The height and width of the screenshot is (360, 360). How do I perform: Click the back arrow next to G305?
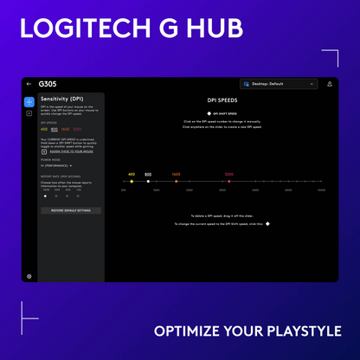click(29, 85)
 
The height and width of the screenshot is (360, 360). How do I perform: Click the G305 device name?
click(48, 85)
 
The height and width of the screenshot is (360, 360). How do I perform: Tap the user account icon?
click(329, 84)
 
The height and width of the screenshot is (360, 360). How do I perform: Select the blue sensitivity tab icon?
click(29, 101)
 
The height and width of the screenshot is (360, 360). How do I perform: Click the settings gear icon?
click(29, 276)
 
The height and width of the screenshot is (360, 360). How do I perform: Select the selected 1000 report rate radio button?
click(46, 196)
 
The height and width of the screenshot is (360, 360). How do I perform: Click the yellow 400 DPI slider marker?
click(132, 181)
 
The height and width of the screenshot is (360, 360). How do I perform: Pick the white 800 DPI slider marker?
click(148, 181)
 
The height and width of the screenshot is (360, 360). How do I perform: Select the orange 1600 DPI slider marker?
click(176, 181)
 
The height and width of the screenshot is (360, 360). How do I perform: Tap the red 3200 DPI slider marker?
click(229, 181)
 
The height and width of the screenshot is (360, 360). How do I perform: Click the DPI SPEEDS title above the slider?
click(224, 100)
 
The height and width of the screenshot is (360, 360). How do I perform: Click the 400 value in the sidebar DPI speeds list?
click(44, 130)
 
